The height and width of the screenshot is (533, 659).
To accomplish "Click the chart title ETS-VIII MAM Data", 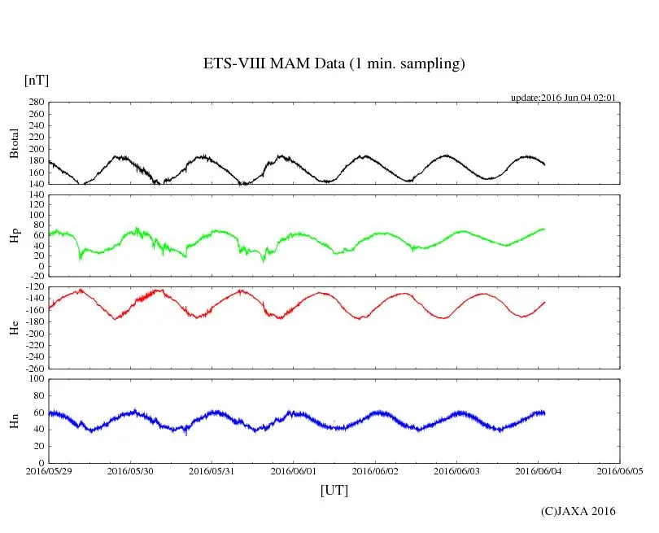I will click(334, 64).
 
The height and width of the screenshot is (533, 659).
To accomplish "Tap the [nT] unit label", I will click(37, 81).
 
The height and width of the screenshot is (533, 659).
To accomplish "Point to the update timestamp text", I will click(563, 98).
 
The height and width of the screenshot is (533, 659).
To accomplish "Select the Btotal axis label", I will click(14, 143).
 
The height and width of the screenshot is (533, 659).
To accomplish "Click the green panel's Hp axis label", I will click(14, 236).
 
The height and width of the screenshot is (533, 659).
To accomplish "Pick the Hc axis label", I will click(14, 328).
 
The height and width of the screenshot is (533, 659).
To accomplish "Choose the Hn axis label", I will click(14, 421).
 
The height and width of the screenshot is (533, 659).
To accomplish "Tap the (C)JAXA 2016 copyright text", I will click(578, 511).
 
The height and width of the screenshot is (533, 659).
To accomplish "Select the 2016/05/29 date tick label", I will click(48, 470).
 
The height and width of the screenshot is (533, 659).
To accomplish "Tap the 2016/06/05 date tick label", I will click(620, 470).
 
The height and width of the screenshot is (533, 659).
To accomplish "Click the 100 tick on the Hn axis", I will click(37, 378).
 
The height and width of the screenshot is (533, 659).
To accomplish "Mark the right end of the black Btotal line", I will click(545, 165).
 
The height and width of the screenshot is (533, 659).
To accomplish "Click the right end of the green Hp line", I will click(544, 229).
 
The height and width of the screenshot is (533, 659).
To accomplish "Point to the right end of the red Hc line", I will click(544, 302).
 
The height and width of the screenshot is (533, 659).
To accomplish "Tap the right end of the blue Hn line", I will click(544, 413).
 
